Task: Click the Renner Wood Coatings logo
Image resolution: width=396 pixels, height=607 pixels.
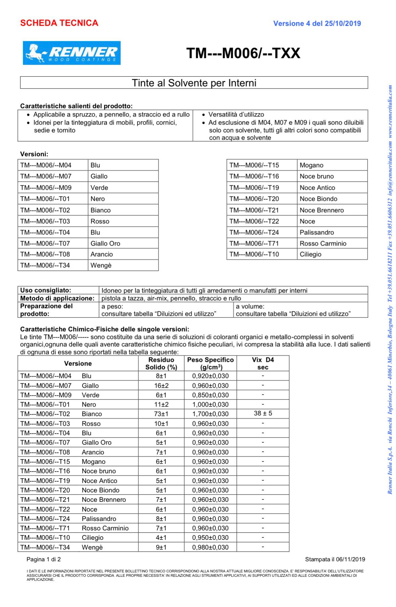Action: [x=72, y=53]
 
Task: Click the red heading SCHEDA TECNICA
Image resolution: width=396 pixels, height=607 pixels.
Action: [x=59, y=23]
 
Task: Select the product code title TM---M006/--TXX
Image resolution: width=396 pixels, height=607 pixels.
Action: [x=243, y=53]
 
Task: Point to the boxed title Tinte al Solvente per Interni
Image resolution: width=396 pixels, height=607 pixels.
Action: [x=194, y=83]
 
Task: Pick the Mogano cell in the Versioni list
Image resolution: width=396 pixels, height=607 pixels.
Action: [x=311, y=165]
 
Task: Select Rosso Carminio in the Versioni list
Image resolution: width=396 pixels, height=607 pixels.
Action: [x=323, y=244]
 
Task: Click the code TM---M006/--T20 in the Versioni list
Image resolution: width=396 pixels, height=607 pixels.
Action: [x=254, y=199]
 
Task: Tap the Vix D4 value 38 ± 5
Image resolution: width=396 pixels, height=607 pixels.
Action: [x=263, y=414]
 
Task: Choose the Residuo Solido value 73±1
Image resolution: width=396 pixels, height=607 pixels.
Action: [x=161, y=414]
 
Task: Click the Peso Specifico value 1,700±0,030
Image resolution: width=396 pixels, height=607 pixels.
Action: [x=210, y=414]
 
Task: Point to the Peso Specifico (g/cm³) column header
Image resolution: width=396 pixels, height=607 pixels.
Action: [x=210, y=363]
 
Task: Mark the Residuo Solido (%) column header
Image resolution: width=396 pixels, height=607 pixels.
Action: [x=161, y=363]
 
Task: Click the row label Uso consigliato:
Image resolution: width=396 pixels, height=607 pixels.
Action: [x=46, y=290]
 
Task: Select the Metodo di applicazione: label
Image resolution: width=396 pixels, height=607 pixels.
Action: [x=57, y=298]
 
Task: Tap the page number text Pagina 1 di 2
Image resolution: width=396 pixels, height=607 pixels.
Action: [x=44, y=559]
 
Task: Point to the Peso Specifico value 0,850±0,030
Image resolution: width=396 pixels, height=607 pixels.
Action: [x=210, y=395]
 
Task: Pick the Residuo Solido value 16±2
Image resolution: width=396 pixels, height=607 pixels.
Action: [x=161, y=386]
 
